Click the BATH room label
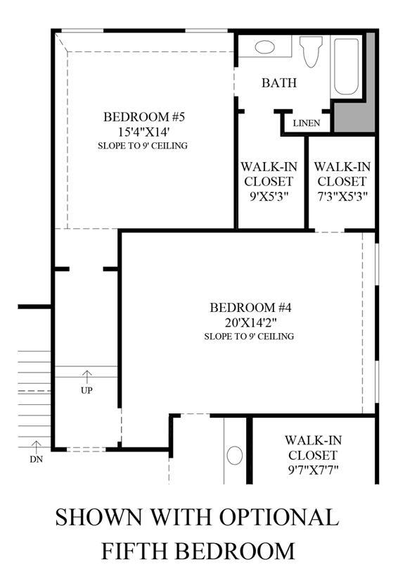(x=279, y=82)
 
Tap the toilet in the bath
(x=311, y=51)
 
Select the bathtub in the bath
(x=346, y=67)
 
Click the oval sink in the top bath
(x=264, y=47)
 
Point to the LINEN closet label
(x=307, y=123)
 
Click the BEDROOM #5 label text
(x=144, y=117)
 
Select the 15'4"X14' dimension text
(x=143, y=132)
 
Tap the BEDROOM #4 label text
(x=250, y=308)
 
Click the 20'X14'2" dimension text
(x=250, y=323)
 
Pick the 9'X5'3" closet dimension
(x=269, y=196)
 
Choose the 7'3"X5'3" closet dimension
(x=342, y=196)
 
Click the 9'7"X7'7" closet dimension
(x=313, y=469)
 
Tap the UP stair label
(x=86, y=391)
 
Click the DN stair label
(x=36, y=459)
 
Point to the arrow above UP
(x=86, y=378)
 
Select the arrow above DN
(x=36, y=447)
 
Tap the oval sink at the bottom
(x=235, y=456)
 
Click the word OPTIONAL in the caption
(x=279, y=517)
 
